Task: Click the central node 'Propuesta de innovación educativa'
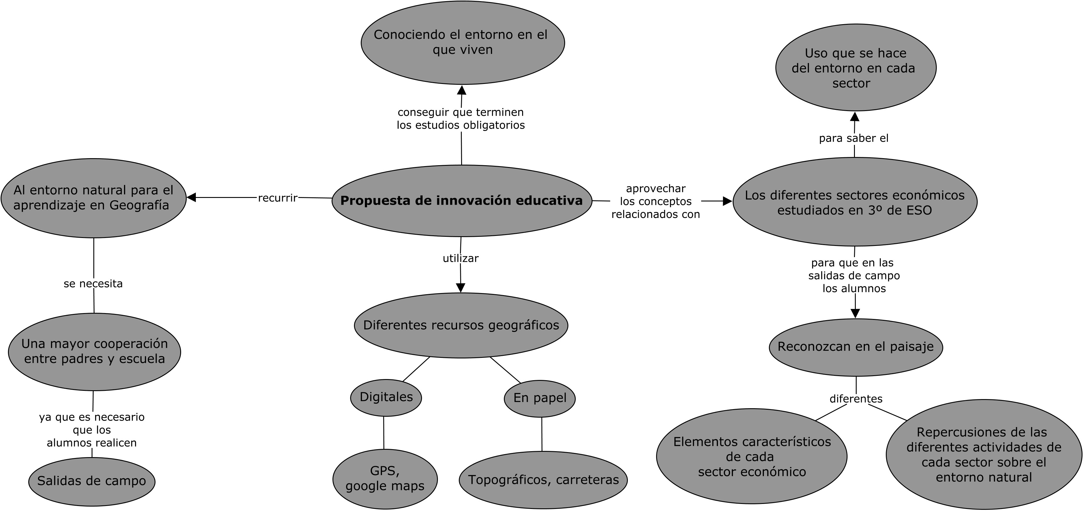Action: pos(462,200)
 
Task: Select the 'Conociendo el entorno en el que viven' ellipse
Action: pos(462,42)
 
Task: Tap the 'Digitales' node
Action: pos(386,397)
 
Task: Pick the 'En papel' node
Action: pos(539,398)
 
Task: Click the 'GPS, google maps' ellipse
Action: pos(385,479)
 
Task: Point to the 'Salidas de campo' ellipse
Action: pos(92,481)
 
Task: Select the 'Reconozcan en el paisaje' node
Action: pos(855,347)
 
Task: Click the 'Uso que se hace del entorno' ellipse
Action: pos(855,68)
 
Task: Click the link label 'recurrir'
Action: pos(278,198)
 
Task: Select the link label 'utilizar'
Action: pos(460,258)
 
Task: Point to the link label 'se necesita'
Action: pos(93,284)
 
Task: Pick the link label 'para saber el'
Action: pos(853,138)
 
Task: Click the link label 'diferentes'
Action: pos(856,398)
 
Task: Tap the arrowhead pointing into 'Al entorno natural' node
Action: pos(191,197)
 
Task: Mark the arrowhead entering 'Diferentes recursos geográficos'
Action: pos(461,288)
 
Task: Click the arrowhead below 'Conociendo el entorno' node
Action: pos(462,90)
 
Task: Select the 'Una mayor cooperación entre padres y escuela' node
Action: pos(94,351)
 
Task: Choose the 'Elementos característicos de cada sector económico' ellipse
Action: pos(752,456)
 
